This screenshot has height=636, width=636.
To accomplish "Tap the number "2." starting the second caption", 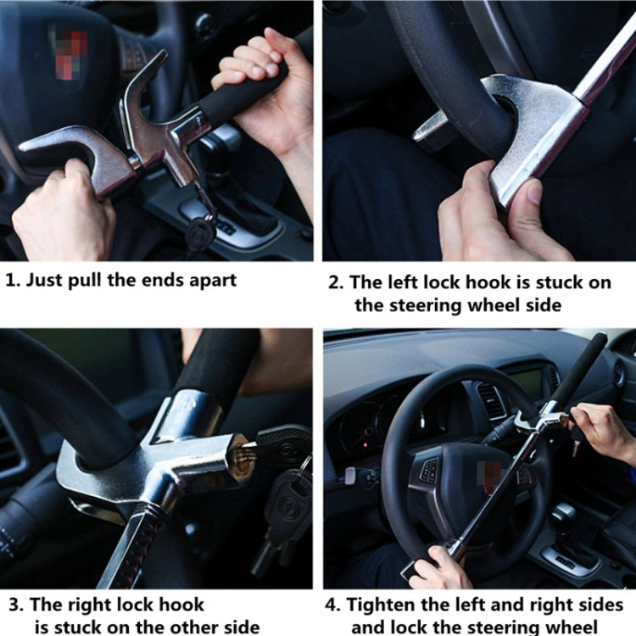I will (337, 283).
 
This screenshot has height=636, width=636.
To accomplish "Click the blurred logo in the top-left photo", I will (68, 43).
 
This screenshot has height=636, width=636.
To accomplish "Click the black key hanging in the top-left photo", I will (200, 231).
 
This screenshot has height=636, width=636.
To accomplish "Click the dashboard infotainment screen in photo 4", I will (526, 382).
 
